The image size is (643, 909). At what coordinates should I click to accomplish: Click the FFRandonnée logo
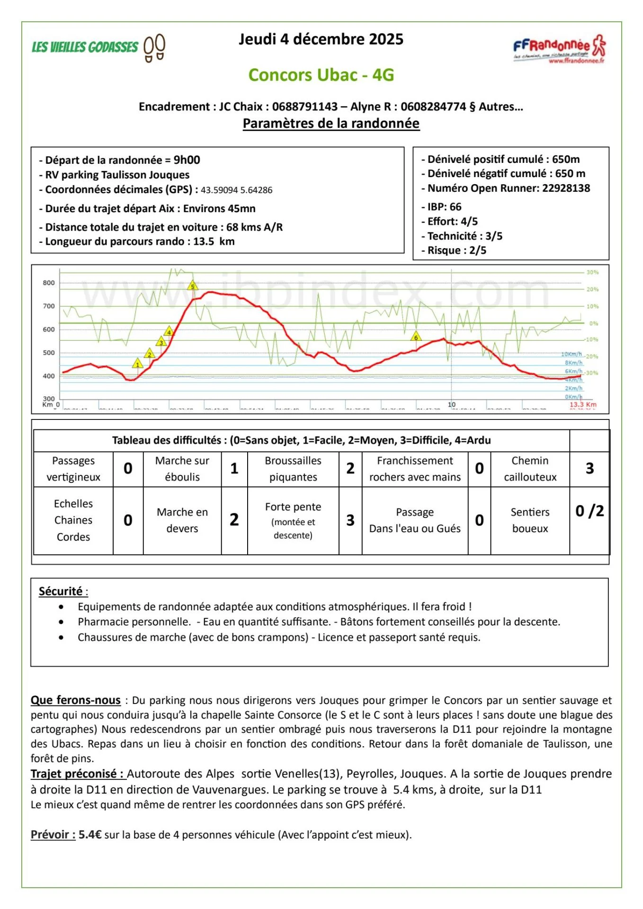[559, 49]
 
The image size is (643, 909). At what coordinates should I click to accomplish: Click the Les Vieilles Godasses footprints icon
[154, 47]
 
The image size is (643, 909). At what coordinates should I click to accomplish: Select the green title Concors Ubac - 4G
[321, 75]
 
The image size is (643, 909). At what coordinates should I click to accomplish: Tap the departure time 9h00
[187, 160]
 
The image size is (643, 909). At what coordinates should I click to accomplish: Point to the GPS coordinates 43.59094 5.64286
[236, 190]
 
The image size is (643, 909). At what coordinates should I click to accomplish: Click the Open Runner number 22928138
[566, 188]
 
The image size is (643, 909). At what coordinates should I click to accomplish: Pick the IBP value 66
[455, 207]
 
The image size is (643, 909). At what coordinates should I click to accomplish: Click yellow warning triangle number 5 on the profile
[192, 285]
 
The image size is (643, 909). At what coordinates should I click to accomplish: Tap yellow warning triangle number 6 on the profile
[416, 337]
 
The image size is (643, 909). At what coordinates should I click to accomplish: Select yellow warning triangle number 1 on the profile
[137, 364]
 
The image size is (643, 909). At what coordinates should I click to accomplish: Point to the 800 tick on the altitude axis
[49, 283]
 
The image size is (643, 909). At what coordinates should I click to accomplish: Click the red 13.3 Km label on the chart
[582, 405]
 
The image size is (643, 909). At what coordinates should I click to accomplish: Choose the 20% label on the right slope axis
[592, 289]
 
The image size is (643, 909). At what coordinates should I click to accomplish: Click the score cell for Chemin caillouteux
[589, 469]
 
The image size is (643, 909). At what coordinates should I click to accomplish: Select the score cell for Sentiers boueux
[589, 511]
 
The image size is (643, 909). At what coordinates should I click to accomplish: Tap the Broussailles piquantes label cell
[293, 469]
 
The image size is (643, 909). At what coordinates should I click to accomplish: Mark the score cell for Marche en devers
[234, 520]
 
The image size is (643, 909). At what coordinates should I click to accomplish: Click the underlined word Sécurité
[61, 591]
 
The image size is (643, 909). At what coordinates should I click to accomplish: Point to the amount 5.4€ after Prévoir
[90, 835]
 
